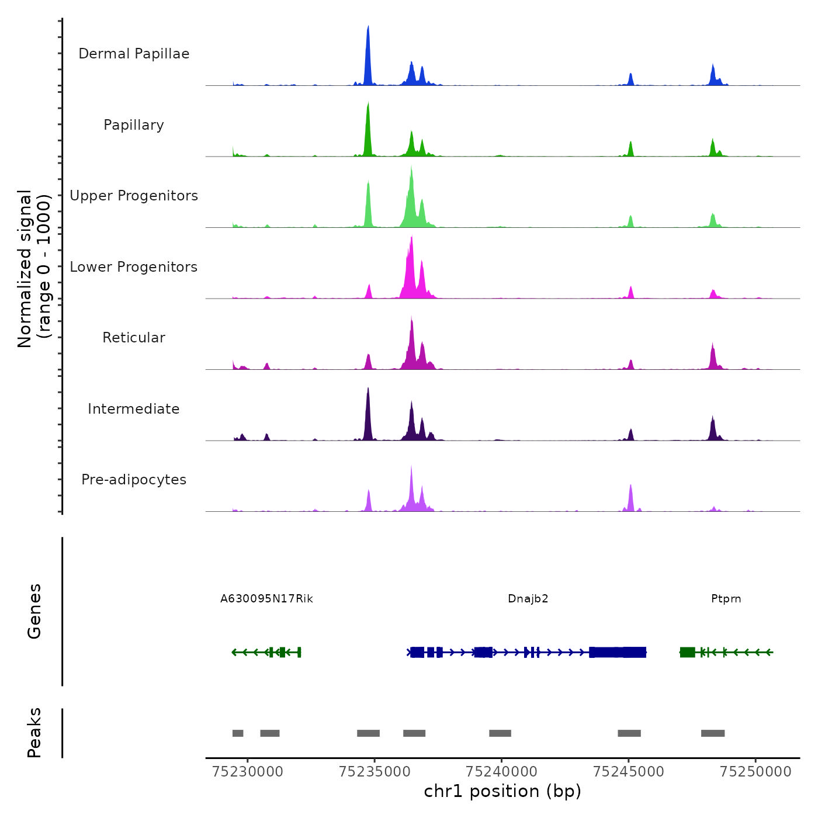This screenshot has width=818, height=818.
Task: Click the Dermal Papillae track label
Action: [134, 54]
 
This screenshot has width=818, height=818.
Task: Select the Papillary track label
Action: [134, 125]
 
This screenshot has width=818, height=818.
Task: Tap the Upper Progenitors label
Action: [134, 196]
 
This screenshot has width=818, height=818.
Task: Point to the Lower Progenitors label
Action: [134, 267]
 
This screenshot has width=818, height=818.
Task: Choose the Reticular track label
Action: [134, 338]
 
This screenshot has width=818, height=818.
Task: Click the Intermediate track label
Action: [134, 409]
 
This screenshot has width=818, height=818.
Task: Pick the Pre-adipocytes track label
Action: [134, 480]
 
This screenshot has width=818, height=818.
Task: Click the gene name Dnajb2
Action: [528, 599]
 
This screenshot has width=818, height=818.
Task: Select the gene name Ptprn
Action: [726, 599]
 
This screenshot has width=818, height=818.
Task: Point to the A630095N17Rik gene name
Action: [266, 599]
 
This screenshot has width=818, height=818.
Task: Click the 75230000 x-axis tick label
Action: [248, 772]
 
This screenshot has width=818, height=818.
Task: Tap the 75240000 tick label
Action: [502, 772]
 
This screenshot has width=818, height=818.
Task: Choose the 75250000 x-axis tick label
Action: [755, 772]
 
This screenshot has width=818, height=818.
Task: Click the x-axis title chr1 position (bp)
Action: [502, 792]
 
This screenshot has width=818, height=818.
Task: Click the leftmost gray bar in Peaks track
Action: [238, 733]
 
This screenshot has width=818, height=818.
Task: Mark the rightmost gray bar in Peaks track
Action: [713, 733]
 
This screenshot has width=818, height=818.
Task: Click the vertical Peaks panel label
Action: [34, 733]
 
